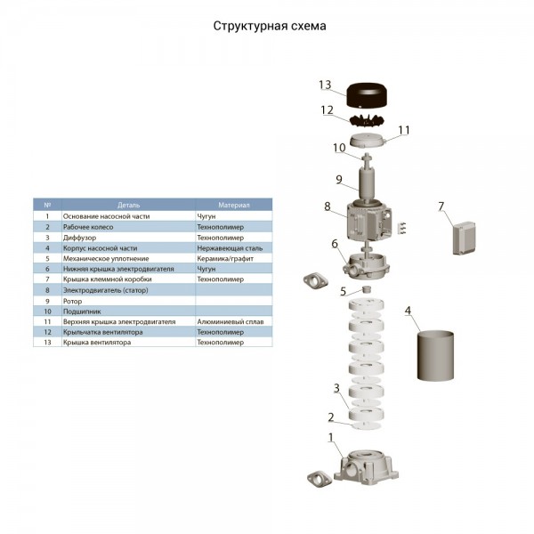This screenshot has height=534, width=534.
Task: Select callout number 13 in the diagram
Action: (x=325, y=85)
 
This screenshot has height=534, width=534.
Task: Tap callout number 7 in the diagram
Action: (x=441, y=207)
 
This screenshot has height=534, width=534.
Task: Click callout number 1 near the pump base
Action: (x=332, y=437)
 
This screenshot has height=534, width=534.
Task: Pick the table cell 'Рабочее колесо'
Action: (x=89, y=226)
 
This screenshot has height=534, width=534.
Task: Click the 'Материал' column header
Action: (x=234, y=204)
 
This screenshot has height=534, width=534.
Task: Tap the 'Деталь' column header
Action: (x=127, y=204)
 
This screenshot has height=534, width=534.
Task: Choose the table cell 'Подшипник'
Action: (x=81, y=311)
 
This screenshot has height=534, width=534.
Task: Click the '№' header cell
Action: (x=47, y=204)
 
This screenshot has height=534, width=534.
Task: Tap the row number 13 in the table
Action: (x=47, y=343)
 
